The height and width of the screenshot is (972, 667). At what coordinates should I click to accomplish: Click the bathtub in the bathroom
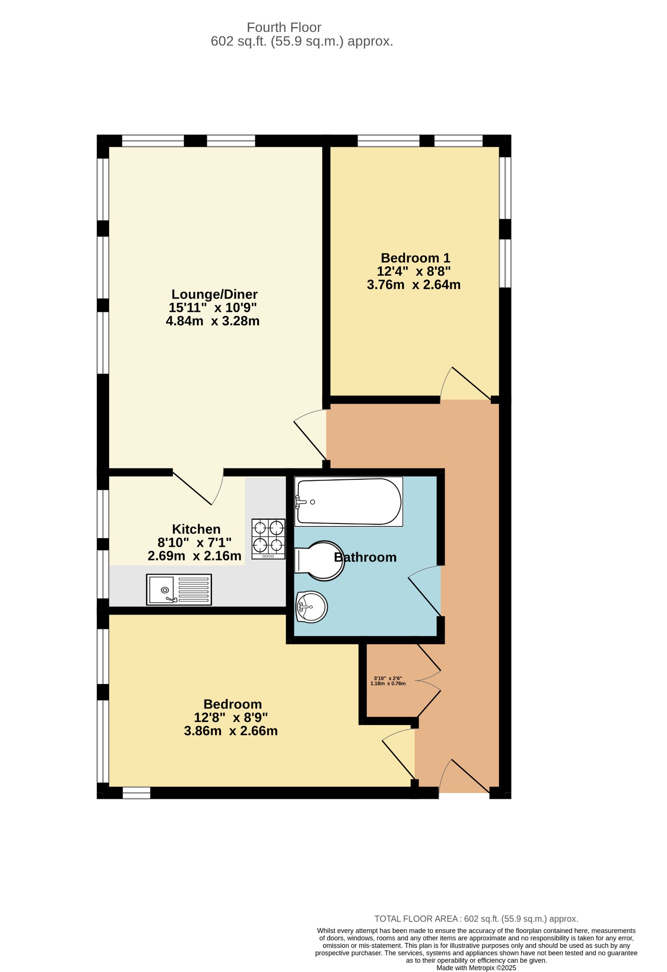tap(349, 502)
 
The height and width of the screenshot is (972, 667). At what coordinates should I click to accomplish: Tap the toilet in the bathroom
tap(320, 561)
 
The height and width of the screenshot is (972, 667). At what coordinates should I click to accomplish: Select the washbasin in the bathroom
tap(311, 607)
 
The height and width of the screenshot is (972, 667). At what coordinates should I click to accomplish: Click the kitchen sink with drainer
tap(179, 589)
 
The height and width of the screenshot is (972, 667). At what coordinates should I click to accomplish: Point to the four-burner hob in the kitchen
tap(269, 539)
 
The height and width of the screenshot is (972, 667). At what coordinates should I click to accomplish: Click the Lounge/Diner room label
tap(214, 294)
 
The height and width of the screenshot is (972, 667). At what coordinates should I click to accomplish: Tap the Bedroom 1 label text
tap(415, 258)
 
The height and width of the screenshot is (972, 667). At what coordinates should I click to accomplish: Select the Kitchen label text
tap(196, 529)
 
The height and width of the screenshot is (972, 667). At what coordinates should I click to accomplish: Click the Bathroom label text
tap(365, 557)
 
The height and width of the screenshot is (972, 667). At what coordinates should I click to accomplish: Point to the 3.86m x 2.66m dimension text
tap(231, 731)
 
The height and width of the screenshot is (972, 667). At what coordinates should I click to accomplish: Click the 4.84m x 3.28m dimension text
tap(213, 321)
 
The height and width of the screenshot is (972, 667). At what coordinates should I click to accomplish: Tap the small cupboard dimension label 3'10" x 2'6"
tap(388, 678)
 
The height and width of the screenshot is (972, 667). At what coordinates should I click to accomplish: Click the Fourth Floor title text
tap(284, 28)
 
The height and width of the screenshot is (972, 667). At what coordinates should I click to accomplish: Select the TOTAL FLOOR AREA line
tap(476, 919)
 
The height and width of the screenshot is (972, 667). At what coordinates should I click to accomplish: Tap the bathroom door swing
tap(425, 591)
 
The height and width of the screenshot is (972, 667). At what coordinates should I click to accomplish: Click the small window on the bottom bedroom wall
tap(137, 793)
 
